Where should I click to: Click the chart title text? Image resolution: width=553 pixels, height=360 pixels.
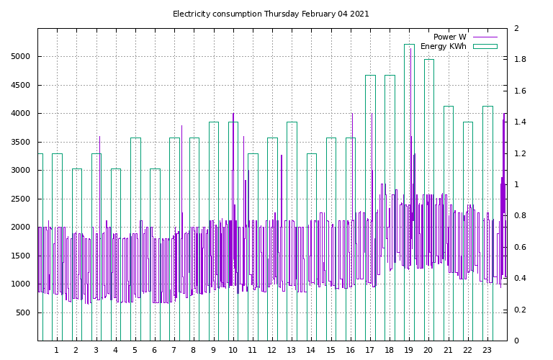(x=271, y=14)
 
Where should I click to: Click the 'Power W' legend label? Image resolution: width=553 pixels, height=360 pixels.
(x=449, y=37)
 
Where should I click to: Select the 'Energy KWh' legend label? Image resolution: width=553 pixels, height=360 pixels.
(x=443, y=47)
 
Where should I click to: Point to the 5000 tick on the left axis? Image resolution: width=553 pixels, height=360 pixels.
(x=21, y=57)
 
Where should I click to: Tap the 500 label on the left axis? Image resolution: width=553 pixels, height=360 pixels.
(x=23, y=312)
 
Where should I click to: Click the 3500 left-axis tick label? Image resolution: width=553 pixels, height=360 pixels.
(x=21, y=142)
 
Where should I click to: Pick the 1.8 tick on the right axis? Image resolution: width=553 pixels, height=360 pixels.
(x=521, y=60)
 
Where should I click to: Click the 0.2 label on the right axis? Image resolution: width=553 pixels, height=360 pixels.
(x=521, y=310)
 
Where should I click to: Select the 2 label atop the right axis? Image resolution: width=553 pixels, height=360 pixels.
(x=516, y=29)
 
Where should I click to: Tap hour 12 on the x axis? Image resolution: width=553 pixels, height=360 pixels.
(x=271, y=351)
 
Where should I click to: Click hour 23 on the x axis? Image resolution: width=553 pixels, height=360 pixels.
(x=487, y=351)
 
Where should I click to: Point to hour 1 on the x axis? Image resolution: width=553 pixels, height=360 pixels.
(x=56, y=351)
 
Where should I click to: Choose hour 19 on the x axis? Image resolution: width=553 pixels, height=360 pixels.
(x=409, y=351)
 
